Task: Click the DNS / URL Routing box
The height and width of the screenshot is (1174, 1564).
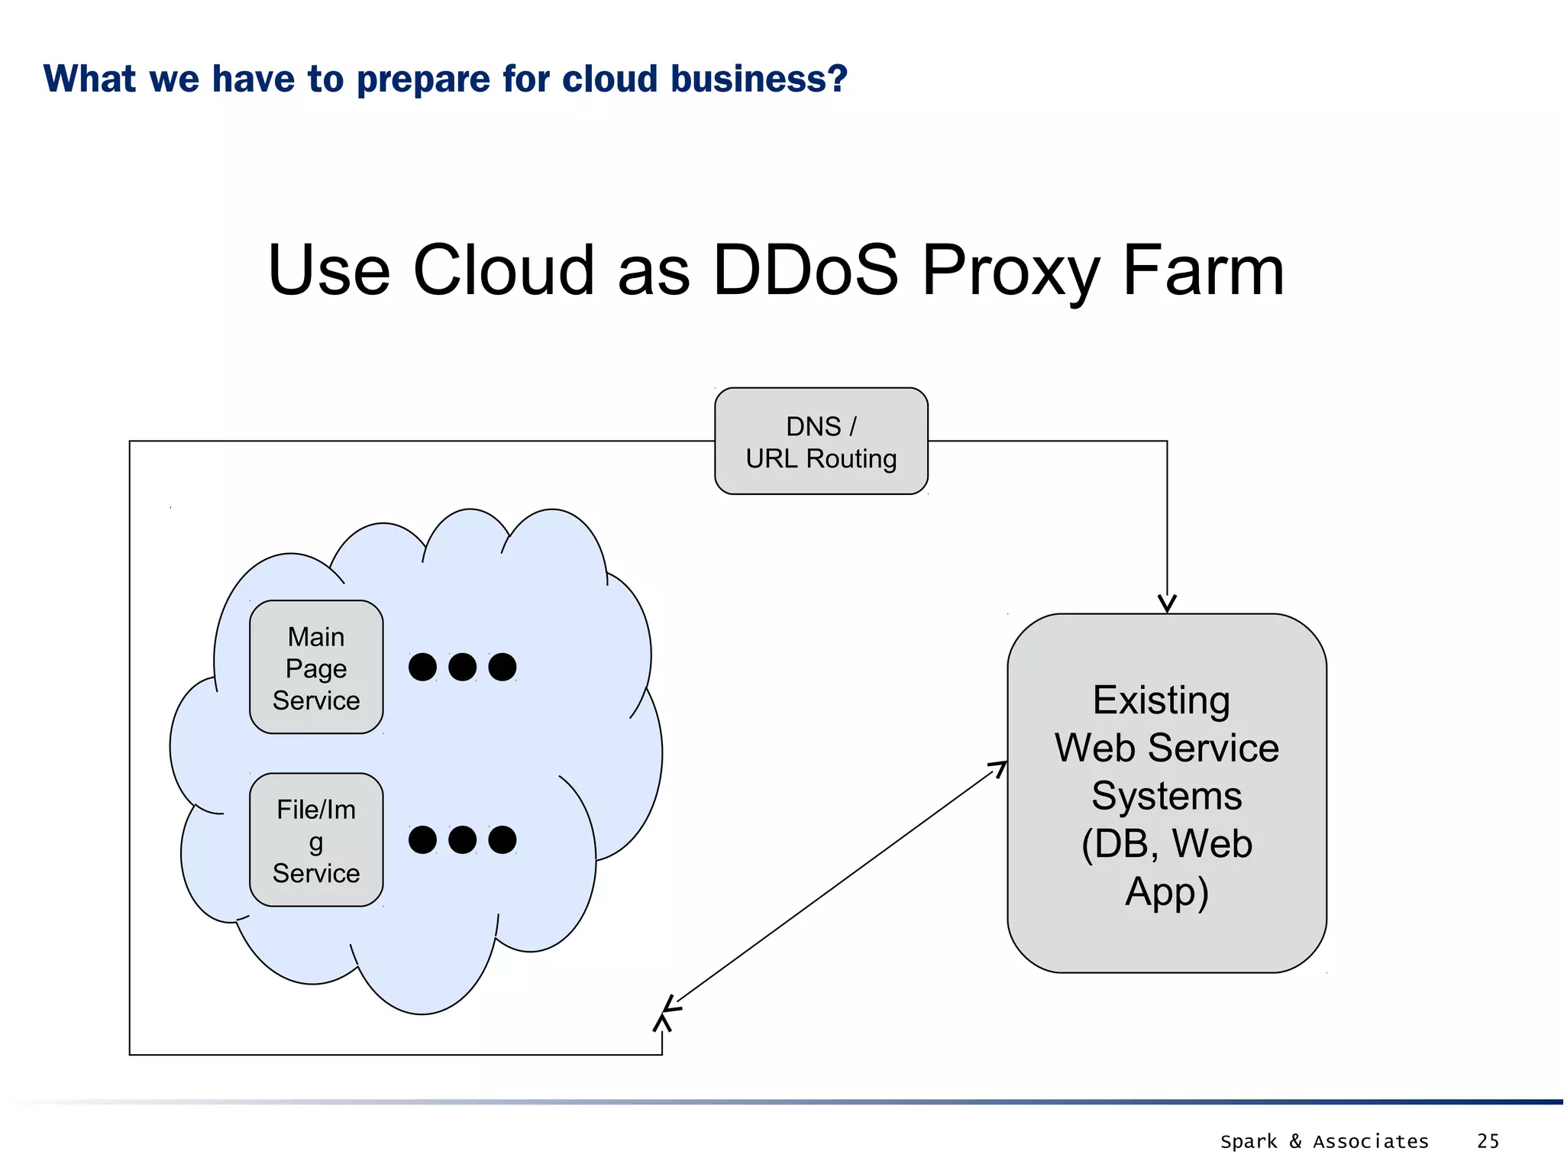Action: [x=821, y=441]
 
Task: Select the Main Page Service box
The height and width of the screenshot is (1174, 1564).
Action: [x=316, y=667]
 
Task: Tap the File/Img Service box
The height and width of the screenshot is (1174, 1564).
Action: [x=316, y=839]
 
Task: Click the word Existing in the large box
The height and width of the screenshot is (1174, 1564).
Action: [x=1161, y=700]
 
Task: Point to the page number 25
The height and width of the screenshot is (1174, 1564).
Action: [x=1488, y=1140]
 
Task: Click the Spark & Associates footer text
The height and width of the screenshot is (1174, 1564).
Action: [x=1323, y=1141]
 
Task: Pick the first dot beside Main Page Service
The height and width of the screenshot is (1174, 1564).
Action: [x=422, y=667]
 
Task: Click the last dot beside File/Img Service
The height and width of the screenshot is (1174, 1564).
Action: [x=502, y=839]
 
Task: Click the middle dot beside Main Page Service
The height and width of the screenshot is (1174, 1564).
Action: [x=462, y=667]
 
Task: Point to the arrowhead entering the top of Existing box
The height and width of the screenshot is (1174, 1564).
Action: [x=1167, y=604]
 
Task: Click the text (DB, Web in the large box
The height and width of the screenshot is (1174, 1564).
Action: [x=1166, y=843]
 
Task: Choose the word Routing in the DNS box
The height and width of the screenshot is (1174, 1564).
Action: [x=851, y=458]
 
